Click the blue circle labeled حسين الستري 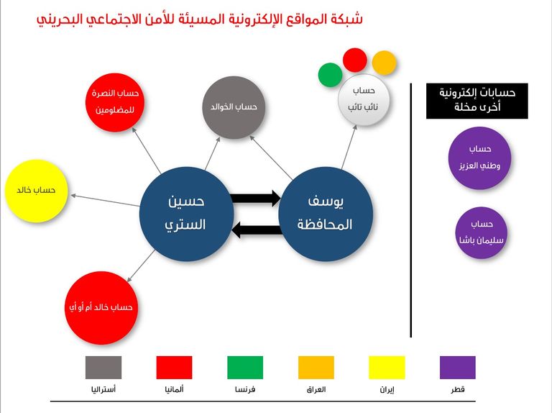tap(185, 213)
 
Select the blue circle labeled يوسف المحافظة tap(325, 213)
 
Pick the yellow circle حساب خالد tap(35, 191)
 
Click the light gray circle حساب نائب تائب tap(364, 100)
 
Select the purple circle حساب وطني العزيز tap(479, 158)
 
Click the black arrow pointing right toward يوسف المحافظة tap(256, 197)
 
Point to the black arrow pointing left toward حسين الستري tap(256, 230)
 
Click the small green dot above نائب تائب tap(330, 74)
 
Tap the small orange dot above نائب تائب tap(385, 63)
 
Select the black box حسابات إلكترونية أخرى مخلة tap(477, 101)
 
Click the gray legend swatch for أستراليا tap(103, 367)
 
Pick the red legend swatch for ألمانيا tap(174, 367)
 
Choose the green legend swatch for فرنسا tap(245, 367)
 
